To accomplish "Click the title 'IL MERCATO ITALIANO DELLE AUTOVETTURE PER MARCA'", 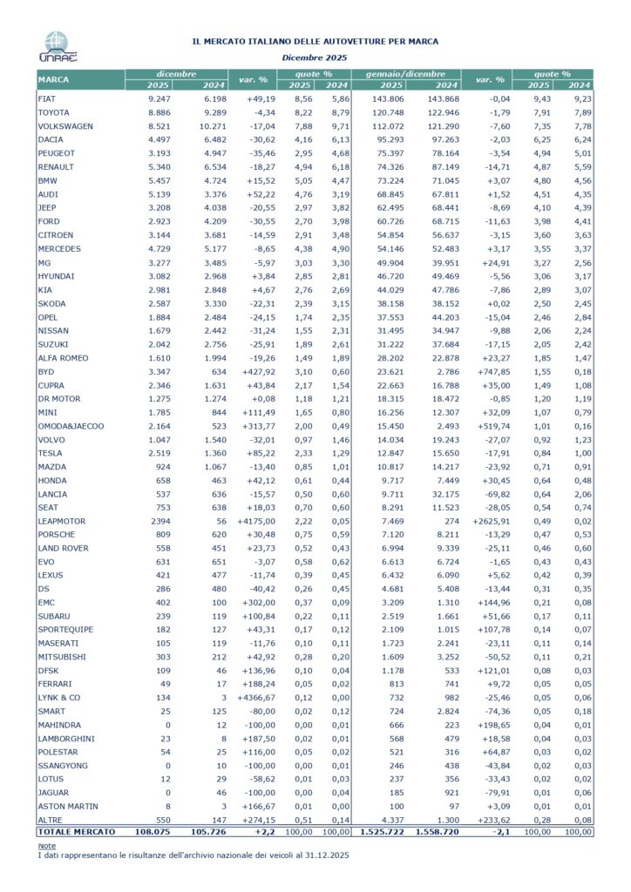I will point(315,41).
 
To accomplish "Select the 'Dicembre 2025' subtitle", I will point(315,57).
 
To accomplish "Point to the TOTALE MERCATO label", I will point(76,833).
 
